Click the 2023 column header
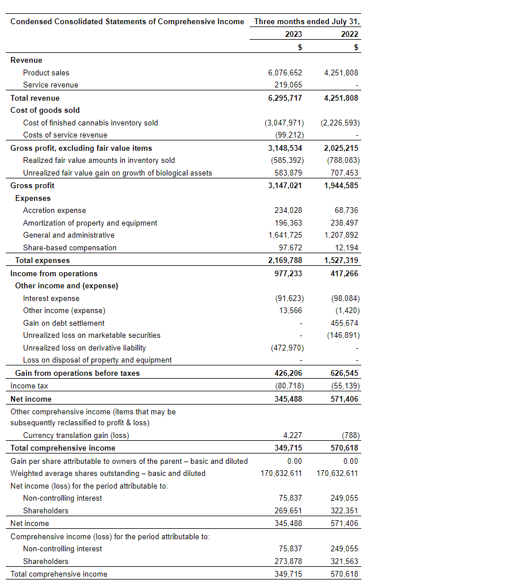click(293, 34)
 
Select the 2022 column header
click(350, 34)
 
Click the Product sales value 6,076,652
click(285, 73)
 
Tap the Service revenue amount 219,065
click(289, 85)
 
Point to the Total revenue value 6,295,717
click(285, 98)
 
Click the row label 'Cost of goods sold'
click(45, 110)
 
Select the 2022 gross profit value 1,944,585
click(341, 185)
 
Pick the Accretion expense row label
click(54, 210)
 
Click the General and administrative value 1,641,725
click(285, 235)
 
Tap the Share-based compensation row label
click(70, 247)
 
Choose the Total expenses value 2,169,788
click(285, 260)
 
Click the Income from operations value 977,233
click(288, 273)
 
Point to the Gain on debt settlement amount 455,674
click(345, 323)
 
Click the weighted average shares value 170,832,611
click(281, 473)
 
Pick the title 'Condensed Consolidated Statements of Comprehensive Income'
click(127, 21)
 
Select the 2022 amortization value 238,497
click(345, 223)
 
